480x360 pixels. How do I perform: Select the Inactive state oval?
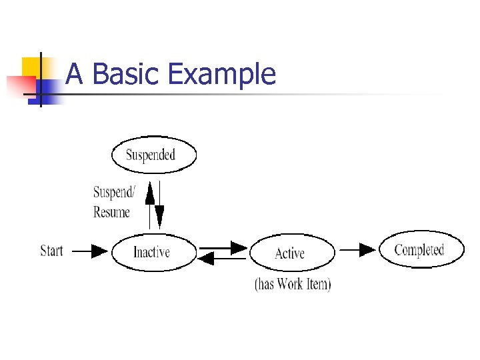point(153,252)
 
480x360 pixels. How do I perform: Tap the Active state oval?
point(291,253)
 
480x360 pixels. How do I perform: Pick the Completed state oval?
point(421,250)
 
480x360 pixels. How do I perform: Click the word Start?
point(52,251)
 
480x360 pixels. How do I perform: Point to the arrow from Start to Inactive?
point(89,251)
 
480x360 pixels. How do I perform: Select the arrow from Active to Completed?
point(357,250)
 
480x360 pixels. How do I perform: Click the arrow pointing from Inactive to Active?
point(223,247)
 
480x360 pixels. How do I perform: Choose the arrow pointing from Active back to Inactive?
point(223,258)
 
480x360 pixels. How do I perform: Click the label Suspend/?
point(113,193)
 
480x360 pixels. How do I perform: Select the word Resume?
point(111,212)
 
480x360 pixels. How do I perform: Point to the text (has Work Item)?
point(293,283)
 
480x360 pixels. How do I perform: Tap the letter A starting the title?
point(75,74)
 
